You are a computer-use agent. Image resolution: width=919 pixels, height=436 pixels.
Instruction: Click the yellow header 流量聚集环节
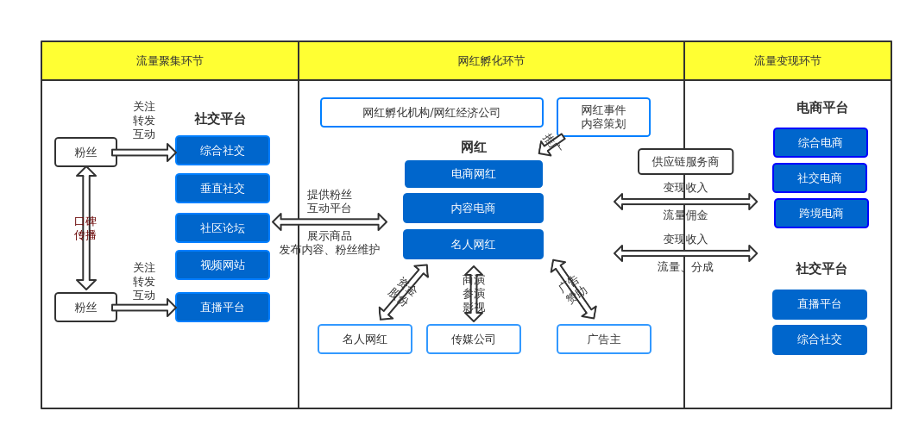[x=170, y=61]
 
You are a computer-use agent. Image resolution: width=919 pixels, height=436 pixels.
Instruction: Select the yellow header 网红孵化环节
[x=491, y=61]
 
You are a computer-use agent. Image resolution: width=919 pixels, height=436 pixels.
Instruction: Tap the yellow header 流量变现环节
[x=787, y=61]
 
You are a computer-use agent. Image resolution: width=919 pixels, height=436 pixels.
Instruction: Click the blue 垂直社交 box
[x=223, y=189]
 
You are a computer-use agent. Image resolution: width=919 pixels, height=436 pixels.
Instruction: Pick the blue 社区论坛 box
[x=223, y=228]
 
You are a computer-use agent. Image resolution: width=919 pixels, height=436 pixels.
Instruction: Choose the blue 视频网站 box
[x=223, y=265]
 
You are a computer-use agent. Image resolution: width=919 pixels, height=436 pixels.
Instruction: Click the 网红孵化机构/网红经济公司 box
[x=431, y=113]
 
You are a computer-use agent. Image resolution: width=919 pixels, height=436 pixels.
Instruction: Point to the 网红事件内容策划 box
[x=603, y=117]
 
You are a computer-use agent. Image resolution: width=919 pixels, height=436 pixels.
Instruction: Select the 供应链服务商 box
[x=685, y=162]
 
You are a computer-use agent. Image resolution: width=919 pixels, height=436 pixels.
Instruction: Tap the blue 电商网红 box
[x=474, y=174]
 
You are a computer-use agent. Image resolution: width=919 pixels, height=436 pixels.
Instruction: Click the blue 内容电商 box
[x=473, y=209]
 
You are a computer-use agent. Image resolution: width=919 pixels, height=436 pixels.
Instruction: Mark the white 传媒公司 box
[x=474, y=339]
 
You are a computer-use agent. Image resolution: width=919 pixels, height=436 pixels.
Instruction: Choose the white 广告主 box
[x=604, y=339]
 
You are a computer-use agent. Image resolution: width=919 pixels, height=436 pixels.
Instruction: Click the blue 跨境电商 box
[x=821, y=214]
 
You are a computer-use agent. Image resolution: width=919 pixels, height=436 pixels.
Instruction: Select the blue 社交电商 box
[x=820, y=178]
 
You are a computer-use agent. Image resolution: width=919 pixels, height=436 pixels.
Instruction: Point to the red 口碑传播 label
[x=85, y=228]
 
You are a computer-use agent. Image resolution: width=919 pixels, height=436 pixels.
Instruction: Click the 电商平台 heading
[x=821, y=109]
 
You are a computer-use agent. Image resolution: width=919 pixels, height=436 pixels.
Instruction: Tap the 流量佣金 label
[x=685, y=215]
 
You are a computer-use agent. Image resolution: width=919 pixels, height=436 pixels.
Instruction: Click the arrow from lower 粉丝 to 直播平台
[x=144, y=308]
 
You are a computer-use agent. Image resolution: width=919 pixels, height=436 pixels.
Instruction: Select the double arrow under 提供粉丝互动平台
[x=330, y=222]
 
